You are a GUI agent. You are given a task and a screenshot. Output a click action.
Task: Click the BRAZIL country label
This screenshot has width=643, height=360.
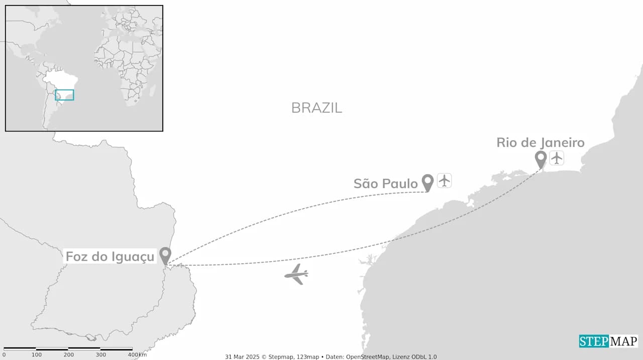point(316,107)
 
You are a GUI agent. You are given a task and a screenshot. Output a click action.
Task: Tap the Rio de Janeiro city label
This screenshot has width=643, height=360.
point(541,143)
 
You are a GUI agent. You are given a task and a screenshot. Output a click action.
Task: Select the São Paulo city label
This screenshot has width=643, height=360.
point(385,184)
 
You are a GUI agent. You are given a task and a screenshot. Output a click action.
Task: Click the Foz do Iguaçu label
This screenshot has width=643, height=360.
point(110,257)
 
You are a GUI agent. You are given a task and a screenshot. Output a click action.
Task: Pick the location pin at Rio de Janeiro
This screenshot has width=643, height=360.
point(541,159)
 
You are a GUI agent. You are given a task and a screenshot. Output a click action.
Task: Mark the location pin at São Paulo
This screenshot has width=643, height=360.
point(427,182)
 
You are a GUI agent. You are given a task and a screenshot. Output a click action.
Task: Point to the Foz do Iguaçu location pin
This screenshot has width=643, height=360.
point(165,255)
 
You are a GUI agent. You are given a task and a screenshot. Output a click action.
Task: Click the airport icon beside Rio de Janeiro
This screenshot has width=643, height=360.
point(557,158)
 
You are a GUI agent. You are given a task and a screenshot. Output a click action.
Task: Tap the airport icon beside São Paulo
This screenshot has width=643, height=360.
point(444,180)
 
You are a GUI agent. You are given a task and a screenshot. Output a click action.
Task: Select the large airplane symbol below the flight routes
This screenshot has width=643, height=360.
point(296,274)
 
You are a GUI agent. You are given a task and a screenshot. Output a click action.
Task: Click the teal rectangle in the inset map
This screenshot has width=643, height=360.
point(64,95)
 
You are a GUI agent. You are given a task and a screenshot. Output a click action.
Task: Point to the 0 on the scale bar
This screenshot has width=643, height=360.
point(4,355)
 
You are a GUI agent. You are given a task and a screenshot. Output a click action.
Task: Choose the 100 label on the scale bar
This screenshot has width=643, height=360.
point(37,355)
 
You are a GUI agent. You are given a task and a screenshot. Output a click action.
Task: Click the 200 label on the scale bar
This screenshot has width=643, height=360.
point(69,355)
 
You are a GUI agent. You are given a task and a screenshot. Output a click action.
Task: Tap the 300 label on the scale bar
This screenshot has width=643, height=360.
point(101,355)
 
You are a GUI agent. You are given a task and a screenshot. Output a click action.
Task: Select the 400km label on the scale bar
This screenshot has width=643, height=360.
point(137,355)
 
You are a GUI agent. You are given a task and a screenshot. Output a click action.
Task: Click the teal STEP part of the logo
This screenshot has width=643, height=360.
point(594,341)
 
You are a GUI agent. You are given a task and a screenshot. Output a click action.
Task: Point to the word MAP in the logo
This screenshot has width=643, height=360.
point(623,341)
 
